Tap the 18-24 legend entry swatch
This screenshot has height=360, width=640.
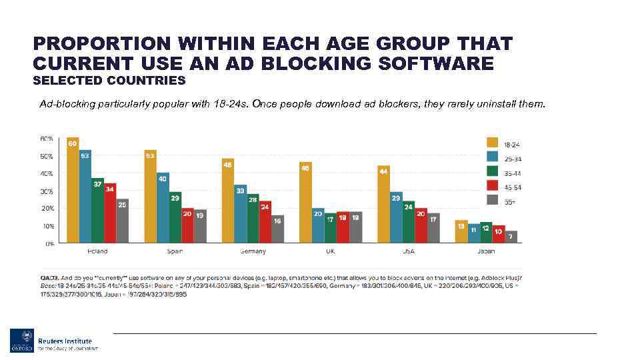493,143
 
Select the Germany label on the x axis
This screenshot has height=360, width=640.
253,251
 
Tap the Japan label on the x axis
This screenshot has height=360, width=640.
486,251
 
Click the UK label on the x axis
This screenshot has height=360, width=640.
330,251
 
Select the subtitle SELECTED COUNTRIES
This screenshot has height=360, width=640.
109,81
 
